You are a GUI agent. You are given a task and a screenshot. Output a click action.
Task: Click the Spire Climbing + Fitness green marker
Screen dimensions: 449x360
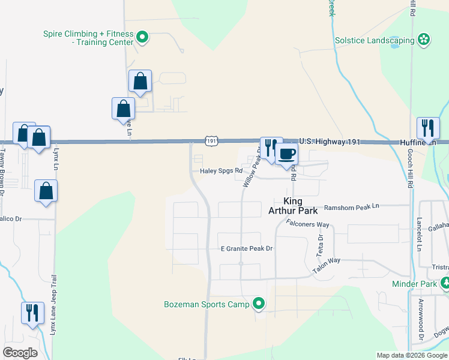[142, 38]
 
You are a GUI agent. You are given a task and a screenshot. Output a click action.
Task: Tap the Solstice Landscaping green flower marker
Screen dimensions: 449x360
[424, 40]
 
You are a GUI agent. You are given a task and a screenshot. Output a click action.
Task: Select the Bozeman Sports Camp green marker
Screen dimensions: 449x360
[259, 304]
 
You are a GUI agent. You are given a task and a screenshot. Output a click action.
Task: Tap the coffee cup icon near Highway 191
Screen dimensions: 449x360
[287, 154]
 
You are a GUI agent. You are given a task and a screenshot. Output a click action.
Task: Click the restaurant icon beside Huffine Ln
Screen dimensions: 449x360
[427, 127]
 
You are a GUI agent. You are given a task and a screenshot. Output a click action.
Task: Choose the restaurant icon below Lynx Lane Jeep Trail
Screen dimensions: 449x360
[32, 313]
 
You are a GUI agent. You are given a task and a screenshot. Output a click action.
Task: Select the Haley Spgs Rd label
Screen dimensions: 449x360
[221, 170]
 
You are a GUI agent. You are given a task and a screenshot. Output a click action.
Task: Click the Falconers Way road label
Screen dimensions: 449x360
[308, 224]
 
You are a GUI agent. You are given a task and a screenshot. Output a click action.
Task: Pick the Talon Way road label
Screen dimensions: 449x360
[327, 265]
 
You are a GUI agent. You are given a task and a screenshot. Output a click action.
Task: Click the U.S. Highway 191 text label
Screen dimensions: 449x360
[330, 142]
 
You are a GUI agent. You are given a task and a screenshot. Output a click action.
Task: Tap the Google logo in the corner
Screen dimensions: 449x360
[20, 352]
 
